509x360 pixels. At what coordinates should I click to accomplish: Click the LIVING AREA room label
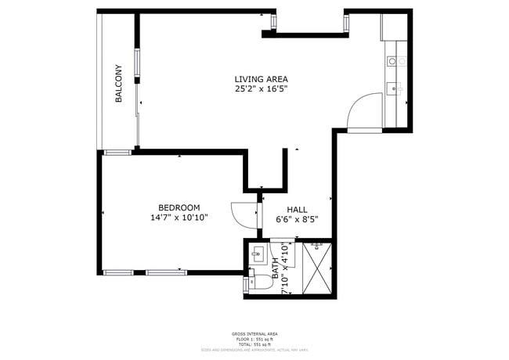point(261,79)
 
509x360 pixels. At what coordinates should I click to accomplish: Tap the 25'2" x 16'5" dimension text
point(261,89)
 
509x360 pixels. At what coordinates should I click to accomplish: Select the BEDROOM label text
point(179,207)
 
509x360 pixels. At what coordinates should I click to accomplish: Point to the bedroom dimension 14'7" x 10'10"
point(179,218)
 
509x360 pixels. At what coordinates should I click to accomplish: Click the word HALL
point(297,210)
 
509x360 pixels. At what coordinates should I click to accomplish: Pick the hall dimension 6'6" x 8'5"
point(297,220)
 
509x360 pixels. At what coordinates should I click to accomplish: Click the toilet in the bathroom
point(254,284)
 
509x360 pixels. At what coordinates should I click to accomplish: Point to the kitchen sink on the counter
point(395,88)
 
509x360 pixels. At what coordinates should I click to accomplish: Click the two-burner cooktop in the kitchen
point(395,61)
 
